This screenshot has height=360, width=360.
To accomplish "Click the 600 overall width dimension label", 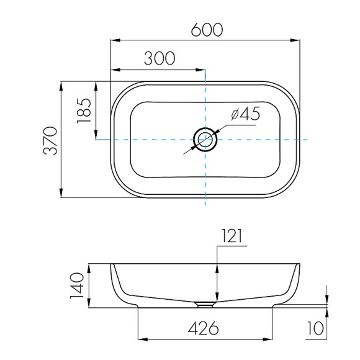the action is [207, 30].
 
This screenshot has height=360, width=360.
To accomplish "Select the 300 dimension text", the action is [160, 58].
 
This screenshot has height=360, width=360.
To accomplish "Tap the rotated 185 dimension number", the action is [84, 111].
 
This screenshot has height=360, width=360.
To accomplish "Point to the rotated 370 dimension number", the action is [50, 140].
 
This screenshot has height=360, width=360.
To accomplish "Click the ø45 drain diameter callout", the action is [246, 114].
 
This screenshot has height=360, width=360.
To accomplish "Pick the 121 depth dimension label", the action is [232, 236].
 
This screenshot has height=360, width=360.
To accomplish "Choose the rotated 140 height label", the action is [77, 286].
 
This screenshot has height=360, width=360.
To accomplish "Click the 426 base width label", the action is [204, 328].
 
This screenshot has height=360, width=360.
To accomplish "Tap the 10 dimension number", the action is [316, 328].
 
